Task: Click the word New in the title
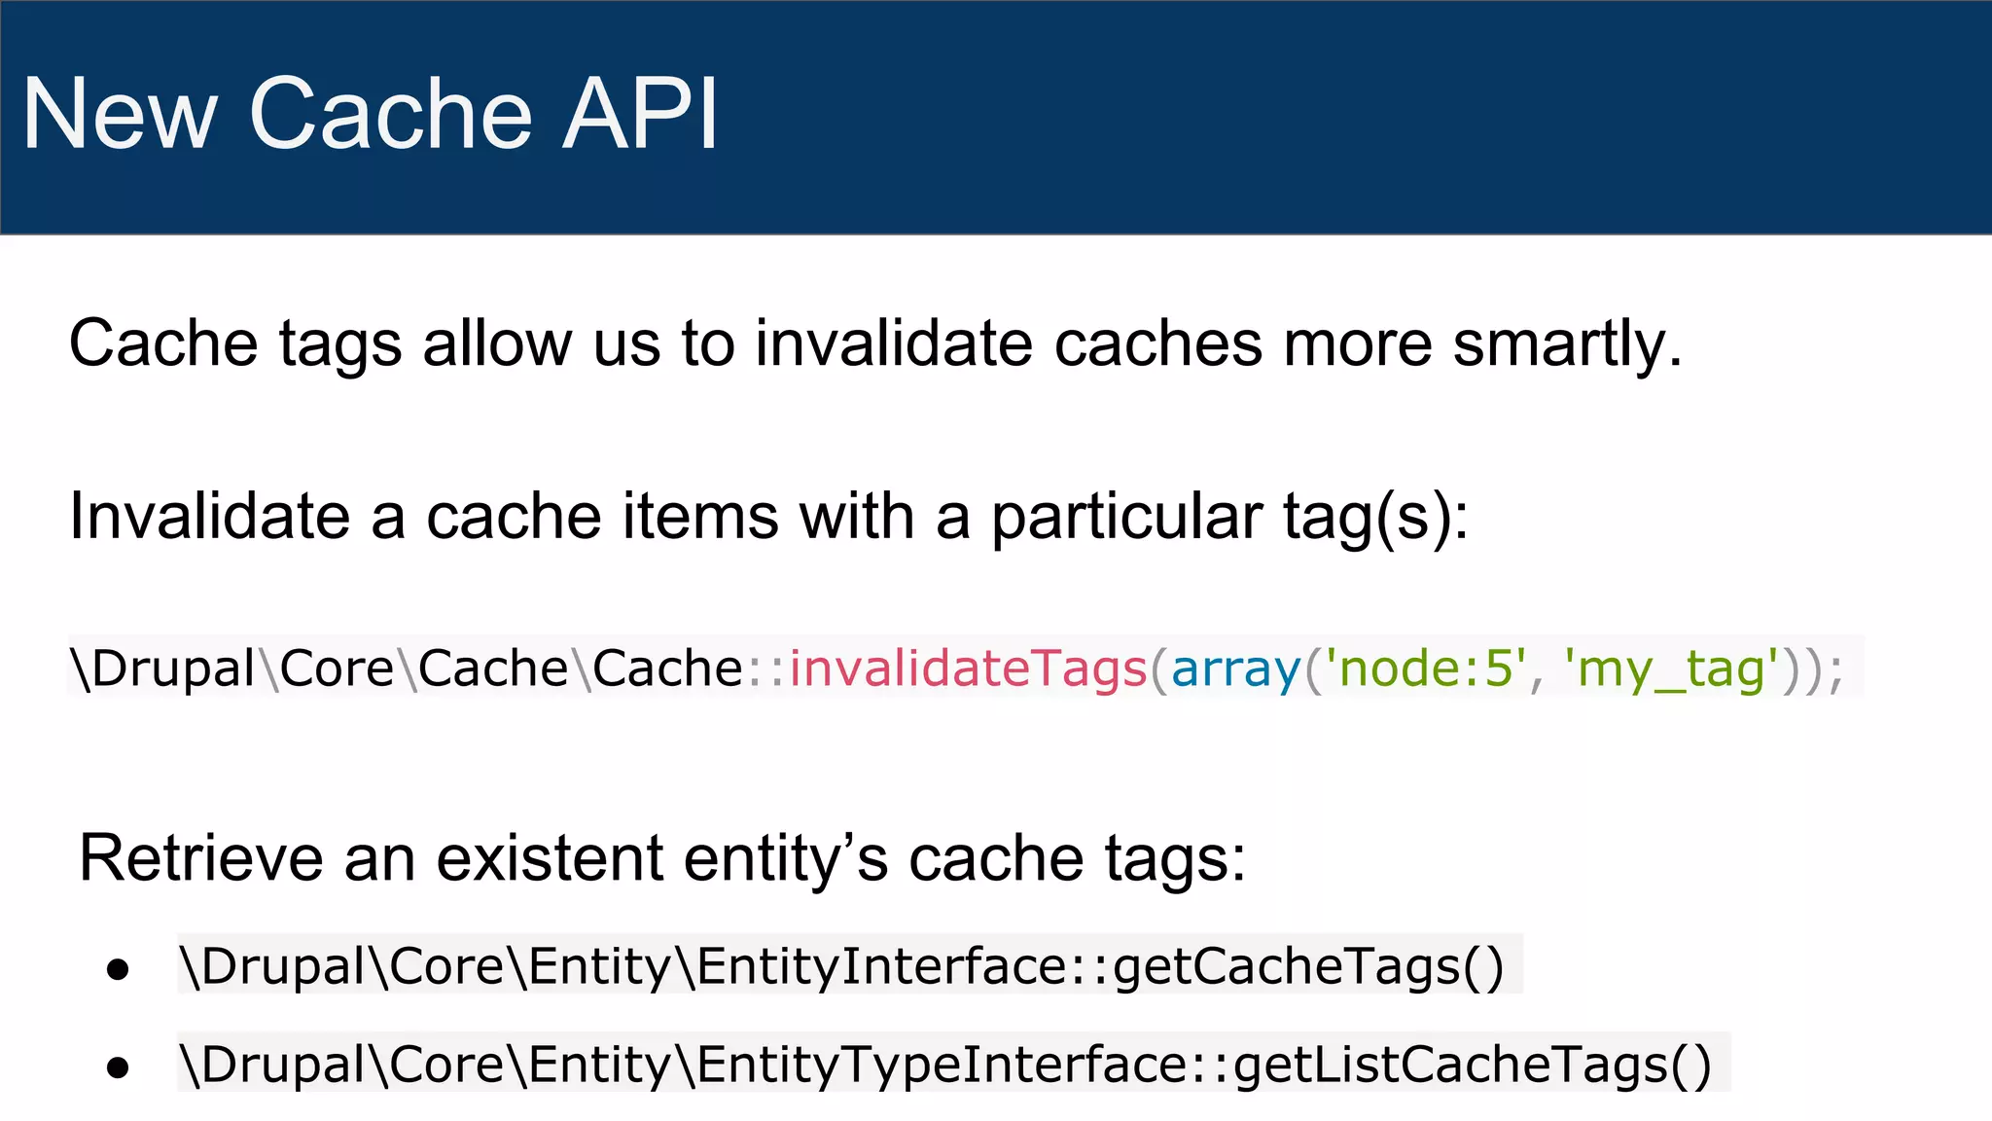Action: point(119,114)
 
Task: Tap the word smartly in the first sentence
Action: point(1567,344)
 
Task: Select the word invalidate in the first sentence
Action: point(893,344)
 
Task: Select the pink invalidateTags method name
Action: point(968,669)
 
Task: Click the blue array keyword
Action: point(1235,669)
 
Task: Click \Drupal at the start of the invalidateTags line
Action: point(162,669)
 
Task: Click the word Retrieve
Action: point(200,858)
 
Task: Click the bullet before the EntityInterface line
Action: point(118,969)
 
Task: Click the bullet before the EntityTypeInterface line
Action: point(118,1067)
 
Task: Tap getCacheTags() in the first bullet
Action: point(1308,966)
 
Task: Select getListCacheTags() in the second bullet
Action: point(1472,1065)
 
